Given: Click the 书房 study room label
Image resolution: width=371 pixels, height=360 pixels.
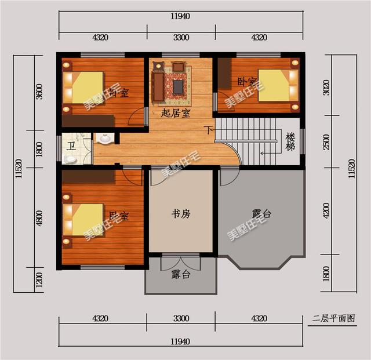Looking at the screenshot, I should tap(180, 214).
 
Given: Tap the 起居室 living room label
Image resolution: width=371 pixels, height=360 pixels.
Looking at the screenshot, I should tap(176, 114).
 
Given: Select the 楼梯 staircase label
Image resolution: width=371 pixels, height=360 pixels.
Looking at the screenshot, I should tap(291, 142).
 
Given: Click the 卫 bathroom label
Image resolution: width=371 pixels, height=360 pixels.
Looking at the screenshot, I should tap(71, 146).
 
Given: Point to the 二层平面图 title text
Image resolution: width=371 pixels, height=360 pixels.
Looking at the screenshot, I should tap(333, 318).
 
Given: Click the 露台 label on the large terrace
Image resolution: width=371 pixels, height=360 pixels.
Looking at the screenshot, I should tap(261, 214).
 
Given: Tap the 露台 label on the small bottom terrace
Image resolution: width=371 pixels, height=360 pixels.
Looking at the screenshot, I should tap(181, 275).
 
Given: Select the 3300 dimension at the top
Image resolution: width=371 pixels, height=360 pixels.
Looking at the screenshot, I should tap(180, 38).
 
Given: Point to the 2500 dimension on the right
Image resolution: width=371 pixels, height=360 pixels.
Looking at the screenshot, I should tap(327, 141).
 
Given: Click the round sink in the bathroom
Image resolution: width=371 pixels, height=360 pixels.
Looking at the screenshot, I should tap(106, 139).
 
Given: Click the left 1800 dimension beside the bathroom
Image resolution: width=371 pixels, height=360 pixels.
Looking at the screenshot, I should tap(39, 148).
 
